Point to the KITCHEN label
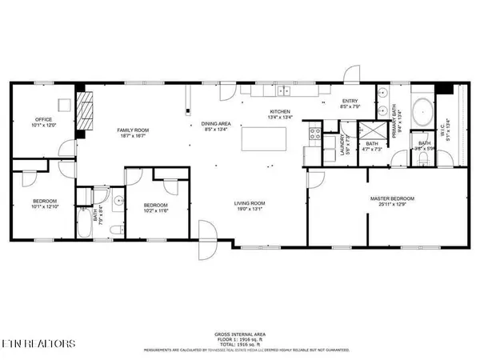(279, 112)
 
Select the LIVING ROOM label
(250, 203)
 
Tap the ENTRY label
(350, 100)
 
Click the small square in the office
(62, 102)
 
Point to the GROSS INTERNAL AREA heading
(240, 334)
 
